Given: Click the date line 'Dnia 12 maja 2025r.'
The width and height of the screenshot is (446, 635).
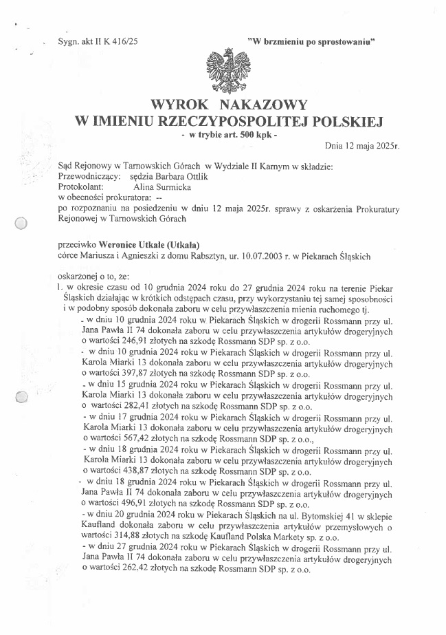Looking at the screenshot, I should point(361,147).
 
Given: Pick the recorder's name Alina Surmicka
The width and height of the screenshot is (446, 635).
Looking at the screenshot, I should point(153,186).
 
